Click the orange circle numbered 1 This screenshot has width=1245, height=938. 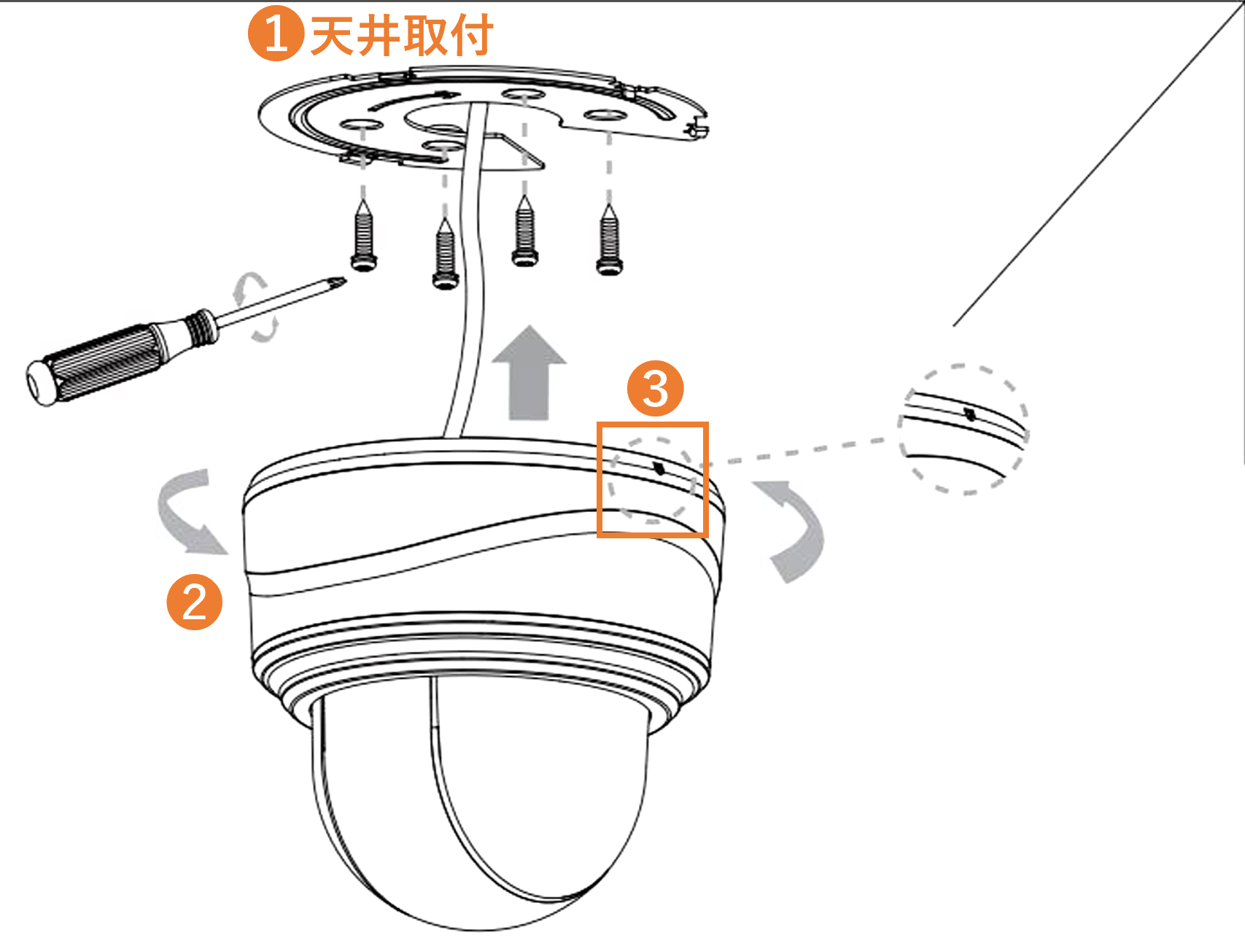coord(276,34)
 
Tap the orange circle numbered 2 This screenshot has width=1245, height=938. coord(195,602)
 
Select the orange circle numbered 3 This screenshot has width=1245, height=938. coord(656,388)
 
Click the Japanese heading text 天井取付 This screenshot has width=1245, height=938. coord(402,35)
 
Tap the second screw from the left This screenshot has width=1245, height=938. coord(445,252)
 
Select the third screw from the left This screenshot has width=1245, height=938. coord(524,230)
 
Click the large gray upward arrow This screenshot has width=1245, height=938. coord(530,373)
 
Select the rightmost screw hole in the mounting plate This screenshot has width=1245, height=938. coord(605,115)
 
